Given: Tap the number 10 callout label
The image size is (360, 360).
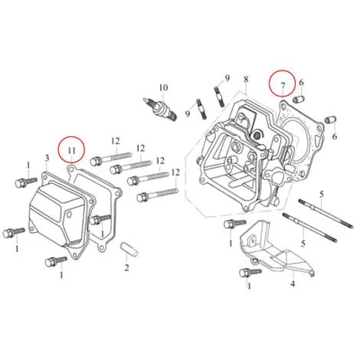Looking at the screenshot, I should click(x=162, y=87).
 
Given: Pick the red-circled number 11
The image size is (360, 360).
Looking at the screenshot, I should click(x=71, y=147).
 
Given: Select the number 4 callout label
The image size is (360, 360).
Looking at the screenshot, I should click(x=292, y=283).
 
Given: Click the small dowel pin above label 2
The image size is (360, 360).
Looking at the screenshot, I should click(x=128, y=249).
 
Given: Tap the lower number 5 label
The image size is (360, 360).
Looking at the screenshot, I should click(x=303, y=243).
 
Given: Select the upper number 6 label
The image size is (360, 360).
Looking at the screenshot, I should click(x=303, y=82).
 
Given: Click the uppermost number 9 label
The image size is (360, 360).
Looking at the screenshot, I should click(x=227, y=78).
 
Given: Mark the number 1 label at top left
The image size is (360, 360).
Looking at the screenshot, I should click(x=28, y=165).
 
